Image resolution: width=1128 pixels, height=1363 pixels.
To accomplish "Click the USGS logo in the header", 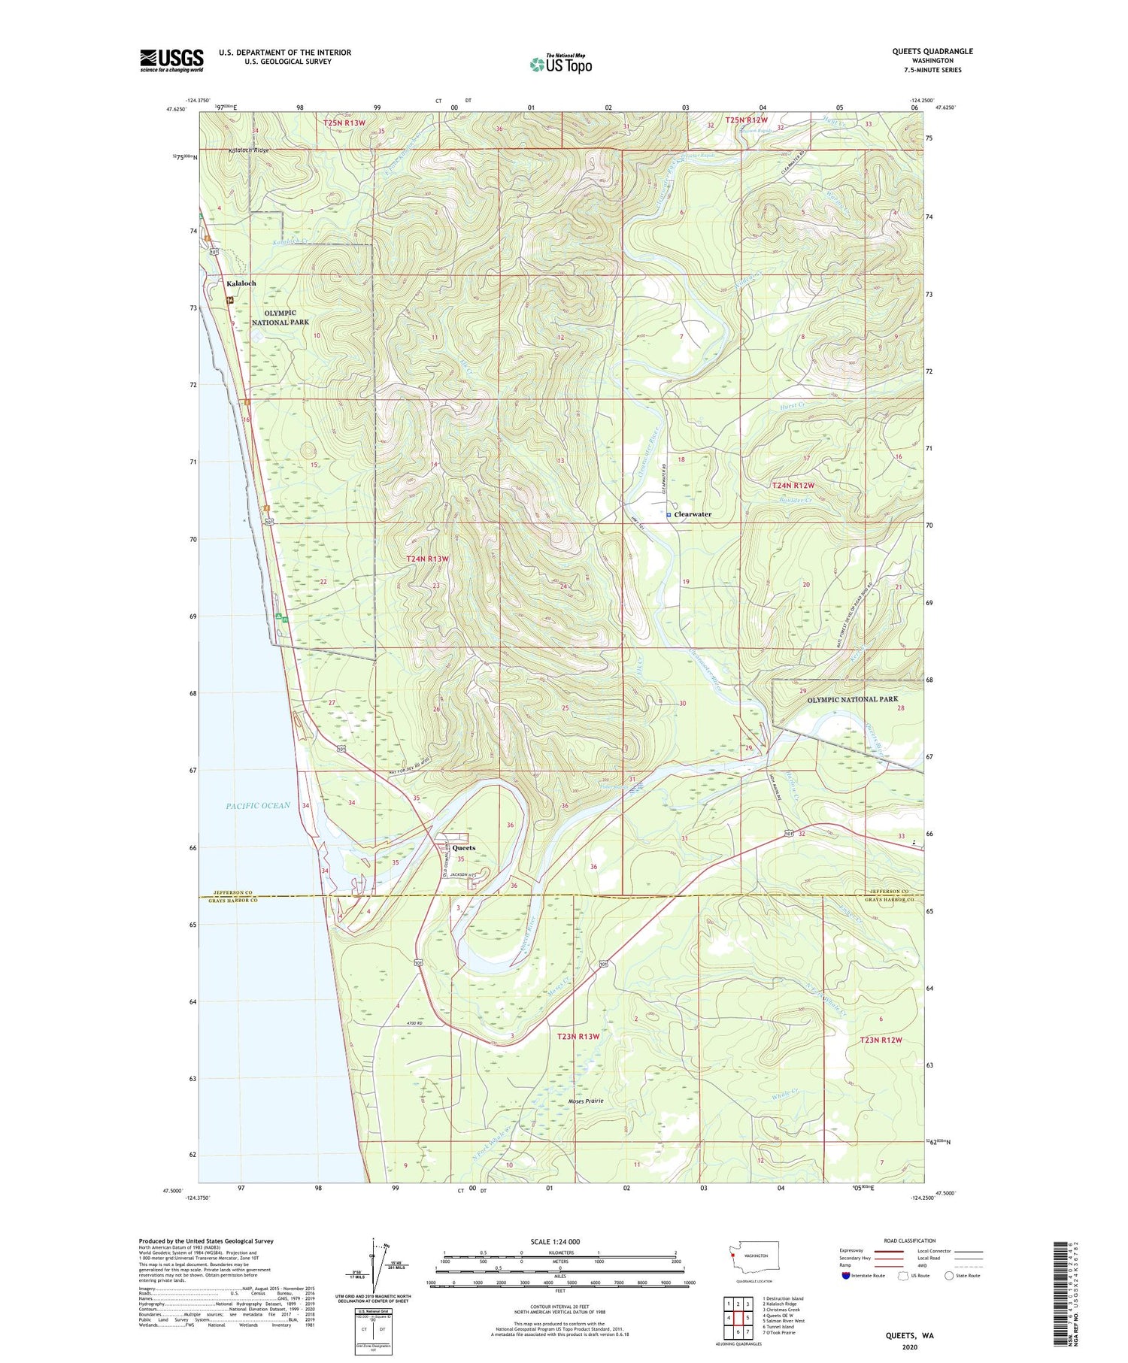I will click(x=171, y=60).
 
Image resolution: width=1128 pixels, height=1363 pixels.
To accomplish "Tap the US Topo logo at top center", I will click(x=560, y=64).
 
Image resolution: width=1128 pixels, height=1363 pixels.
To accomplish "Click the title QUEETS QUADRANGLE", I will click(x=931, y=51).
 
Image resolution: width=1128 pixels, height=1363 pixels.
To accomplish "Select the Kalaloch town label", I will click(x=241, y=283).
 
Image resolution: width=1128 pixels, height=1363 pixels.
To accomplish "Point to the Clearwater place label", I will click(x=693, y=514).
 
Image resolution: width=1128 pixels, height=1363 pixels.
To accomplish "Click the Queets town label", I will click(x=463, y=848).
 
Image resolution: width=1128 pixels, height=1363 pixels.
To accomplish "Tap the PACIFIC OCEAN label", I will click(x=258, y=805).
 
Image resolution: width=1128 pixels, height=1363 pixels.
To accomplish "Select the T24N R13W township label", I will click(x=427, y=559).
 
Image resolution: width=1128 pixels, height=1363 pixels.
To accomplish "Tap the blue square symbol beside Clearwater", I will click(x=669, y=514).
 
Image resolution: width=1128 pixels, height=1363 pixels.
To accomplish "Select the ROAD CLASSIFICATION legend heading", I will click(x=910, y=1240).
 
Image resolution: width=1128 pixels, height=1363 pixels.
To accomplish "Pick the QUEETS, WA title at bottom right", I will click(x=910, y=1335).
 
